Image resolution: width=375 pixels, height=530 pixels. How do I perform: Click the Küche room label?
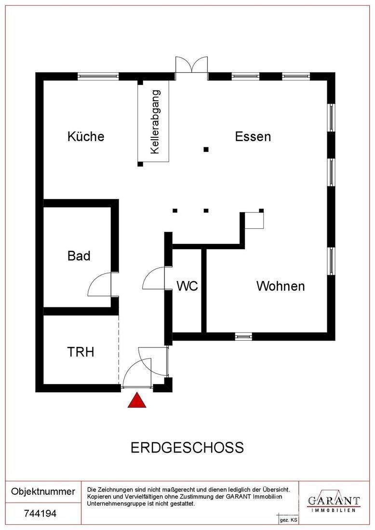(x=86, y=136)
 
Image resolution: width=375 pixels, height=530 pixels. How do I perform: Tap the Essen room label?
(x=253, y=136)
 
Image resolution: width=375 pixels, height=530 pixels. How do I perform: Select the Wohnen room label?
(x=280, y=286)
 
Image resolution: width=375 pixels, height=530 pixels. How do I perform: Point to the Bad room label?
(x=79, y=255)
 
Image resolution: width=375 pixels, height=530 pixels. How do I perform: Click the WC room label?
(x=187, y=286)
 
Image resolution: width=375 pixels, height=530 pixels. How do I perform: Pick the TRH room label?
(x=80, y=352)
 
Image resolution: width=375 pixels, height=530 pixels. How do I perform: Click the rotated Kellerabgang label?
(x=154, y=122)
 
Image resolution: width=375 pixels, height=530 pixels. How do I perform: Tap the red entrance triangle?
(x=137, y=400)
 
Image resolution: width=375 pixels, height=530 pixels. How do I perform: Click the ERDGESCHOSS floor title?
(x=187, y=448)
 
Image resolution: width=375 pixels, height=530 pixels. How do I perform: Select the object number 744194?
(x=40, y=514)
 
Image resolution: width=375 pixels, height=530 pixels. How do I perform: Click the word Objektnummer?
(x=43, y=492)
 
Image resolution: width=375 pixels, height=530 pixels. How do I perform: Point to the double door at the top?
(x=191, y=66)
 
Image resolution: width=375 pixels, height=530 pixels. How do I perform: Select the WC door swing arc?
(x=154, y=279)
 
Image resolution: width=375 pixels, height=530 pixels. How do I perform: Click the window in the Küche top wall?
(x=98, y=76)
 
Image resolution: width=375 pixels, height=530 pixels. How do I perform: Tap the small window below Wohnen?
(x=243, y=336)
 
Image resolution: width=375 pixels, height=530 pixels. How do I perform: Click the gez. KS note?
(x=288, y=520)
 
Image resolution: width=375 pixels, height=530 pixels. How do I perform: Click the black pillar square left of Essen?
(x=206, y=149)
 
